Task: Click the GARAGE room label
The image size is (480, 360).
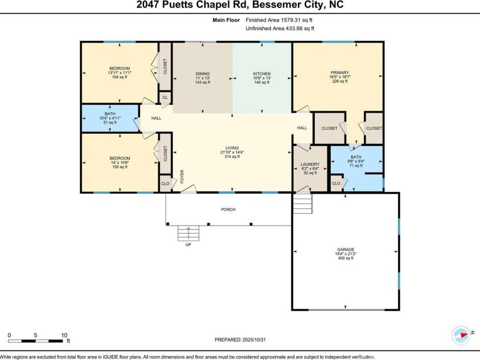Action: point(345,249)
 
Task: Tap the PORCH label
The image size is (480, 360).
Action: point(228,210)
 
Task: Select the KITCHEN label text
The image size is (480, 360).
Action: point(262,73)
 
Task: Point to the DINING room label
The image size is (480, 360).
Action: point(203,73)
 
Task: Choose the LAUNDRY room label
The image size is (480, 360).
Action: point(310,165)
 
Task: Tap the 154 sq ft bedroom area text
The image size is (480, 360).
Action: point(120,77)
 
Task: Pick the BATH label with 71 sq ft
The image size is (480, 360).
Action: point(356,157)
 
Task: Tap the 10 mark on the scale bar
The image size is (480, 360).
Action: point(64,336)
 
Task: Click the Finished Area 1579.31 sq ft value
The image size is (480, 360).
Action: point(280,19)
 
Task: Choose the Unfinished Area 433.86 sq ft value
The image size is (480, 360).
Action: point(280,28)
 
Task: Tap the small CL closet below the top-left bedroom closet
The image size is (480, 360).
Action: point(165,98)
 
